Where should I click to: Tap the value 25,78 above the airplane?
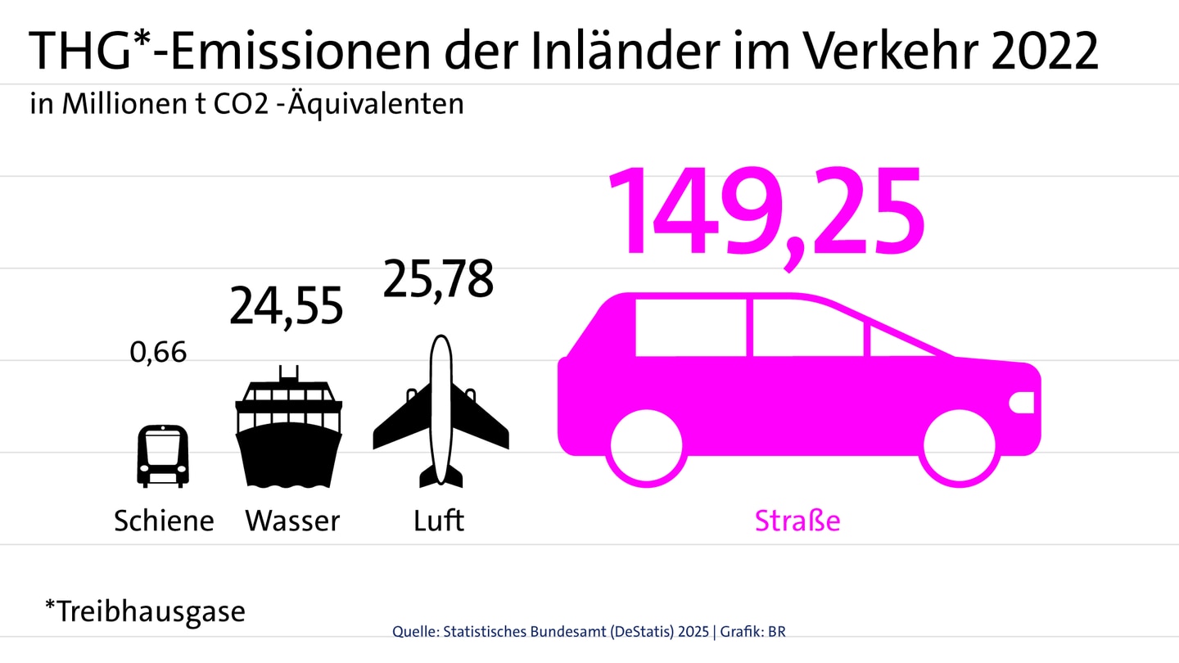[x=438, y=280]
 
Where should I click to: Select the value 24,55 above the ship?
[x=286, y=307]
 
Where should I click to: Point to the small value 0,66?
[x=158, y=353]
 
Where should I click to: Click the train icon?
[x=162, y=455]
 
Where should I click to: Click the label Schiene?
[x=164, y=521]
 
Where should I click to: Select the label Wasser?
[x=292, y=521]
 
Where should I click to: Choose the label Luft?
[x=439, y=521]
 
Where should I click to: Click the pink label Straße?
[x=797, y=521]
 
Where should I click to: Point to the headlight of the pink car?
[x=1023, y=402]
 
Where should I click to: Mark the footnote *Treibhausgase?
[x=145, y=611]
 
